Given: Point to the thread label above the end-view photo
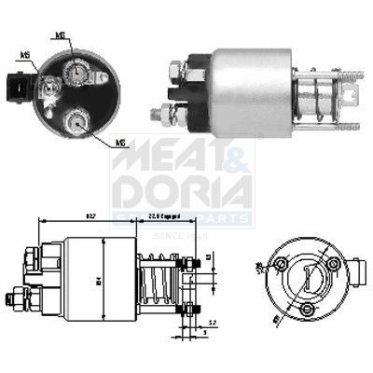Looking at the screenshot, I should coord(61,36).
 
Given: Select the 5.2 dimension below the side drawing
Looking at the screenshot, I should coord(213,323).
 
